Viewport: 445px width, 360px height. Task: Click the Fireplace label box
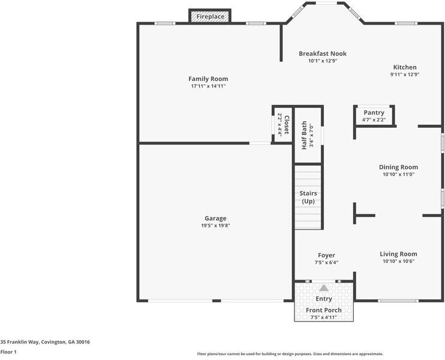pos(211,16)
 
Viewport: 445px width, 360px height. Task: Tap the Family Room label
pos(208,79)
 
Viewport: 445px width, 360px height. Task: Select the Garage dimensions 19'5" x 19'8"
pos(215,226)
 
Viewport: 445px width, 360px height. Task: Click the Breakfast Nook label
pos(323,53)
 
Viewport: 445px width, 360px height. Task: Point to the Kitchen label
pos(404,67)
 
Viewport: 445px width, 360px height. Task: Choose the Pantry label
pos(374,112)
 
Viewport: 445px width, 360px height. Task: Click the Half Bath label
pos(305,136)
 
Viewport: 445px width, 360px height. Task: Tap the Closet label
pos(287,125)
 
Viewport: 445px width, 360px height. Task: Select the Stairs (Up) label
pos(308,197)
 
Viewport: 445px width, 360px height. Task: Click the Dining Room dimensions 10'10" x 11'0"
pos(398,175)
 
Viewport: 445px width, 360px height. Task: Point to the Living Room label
pos(398,254)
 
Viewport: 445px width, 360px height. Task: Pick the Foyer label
pos(326,255)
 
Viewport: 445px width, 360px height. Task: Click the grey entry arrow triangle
pos(324,288)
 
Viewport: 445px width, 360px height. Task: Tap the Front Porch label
pos(324,310)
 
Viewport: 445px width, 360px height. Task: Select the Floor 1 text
pos(8,352)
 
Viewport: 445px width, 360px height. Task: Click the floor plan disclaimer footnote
pos(290,353)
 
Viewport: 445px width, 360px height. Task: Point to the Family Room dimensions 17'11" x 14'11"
pos(208,86)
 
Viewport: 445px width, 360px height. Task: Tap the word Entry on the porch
pos(324,299)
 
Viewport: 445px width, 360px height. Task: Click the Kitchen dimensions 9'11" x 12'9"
pos(404,75)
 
